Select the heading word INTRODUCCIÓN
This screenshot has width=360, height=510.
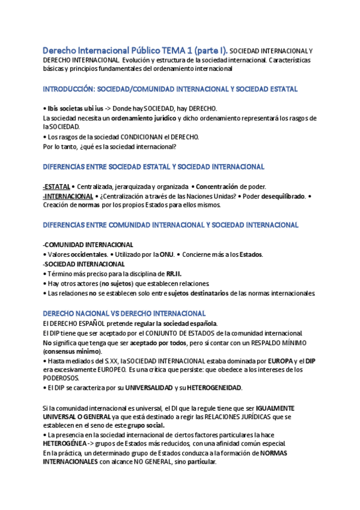(68, 89)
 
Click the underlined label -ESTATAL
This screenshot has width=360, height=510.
(56, 186)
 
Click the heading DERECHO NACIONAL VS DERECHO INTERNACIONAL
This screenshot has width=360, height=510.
(124, 313)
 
